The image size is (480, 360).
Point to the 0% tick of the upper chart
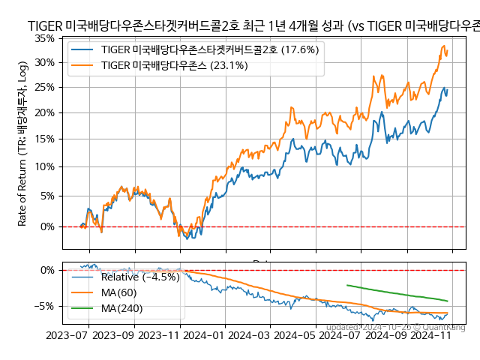[49, 226]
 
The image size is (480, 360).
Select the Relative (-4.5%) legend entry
[129, 277]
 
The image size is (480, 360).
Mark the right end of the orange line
[448, 51]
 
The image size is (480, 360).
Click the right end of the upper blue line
[448, 89]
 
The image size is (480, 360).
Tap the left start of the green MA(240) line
[346, 285]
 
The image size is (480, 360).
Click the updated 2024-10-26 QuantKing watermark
[395, 327]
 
